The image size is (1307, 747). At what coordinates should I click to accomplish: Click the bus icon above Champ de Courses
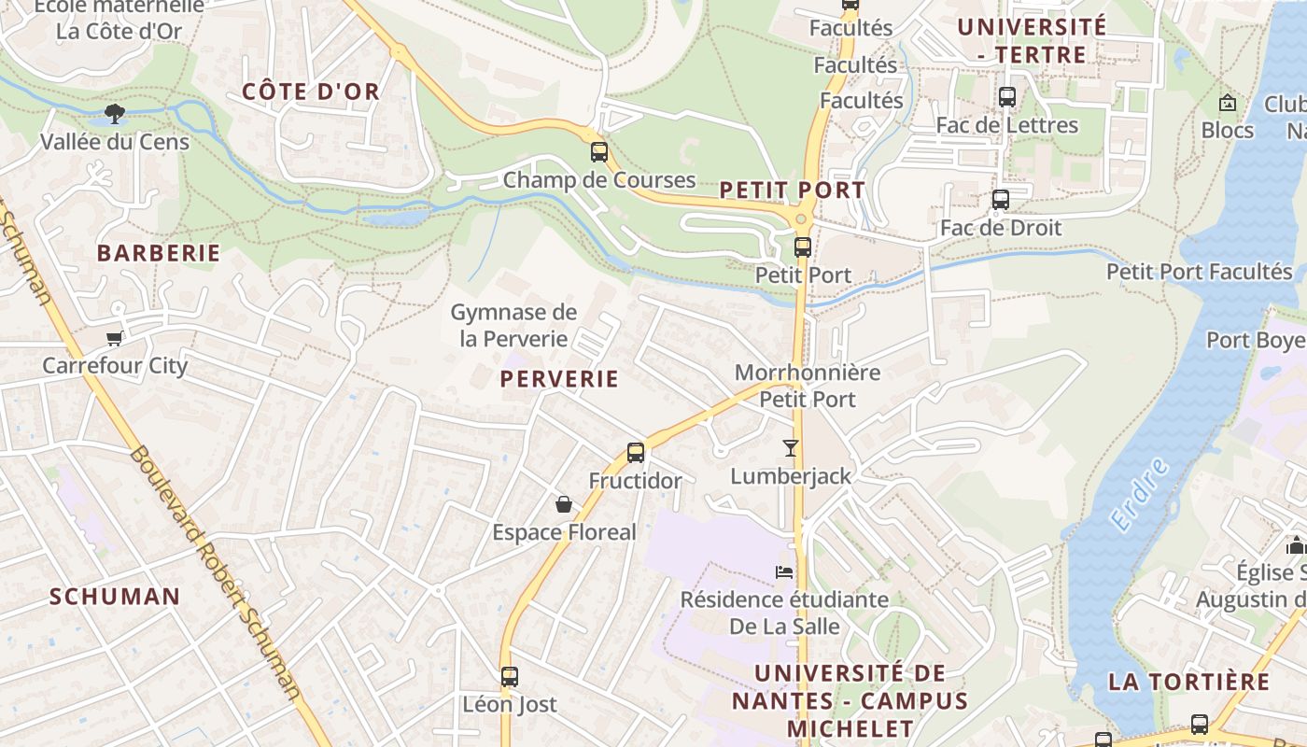(599, 151)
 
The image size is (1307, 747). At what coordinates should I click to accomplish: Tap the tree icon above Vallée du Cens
(115, 114)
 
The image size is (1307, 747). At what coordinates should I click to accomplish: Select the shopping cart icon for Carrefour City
(115, 338)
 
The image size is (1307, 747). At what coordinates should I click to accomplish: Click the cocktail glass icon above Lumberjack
(791, 448)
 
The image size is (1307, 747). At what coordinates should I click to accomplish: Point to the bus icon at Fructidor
(636, 453)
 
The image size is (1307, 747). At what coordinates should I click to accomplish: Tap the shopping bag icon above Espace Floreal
(564, 504)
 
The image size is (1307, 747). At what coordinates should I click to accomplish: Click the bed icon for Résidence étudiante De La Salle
(784, 571)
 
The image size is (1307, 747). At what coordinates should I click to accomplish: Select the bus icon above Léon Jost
(509, 676)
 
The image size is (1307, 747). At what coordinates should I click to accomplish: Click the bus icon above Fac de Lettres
(1006, 96)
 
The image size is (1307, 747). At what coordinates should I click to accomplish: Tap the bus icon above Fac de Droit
(1001, 199)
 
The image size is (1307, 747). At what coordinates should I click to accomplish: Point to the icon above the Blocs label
(1228, 103)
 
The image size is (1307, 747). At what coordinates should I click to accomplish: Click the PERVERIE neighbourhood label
(559, 378)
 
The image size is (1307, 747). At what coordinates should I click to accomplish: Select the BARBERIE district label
(159, 253)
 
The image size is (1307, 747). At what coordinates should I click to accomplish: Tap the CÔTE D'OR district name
(311, 92)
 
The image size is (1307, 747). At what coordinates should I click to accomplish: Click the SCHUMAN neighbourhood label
(115, 597)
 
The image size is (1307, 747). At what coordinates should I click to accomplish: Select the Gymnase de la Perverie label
(513, 325)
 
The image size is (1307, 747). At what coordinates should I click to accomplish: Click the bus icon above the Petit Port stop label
(803, 247)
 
